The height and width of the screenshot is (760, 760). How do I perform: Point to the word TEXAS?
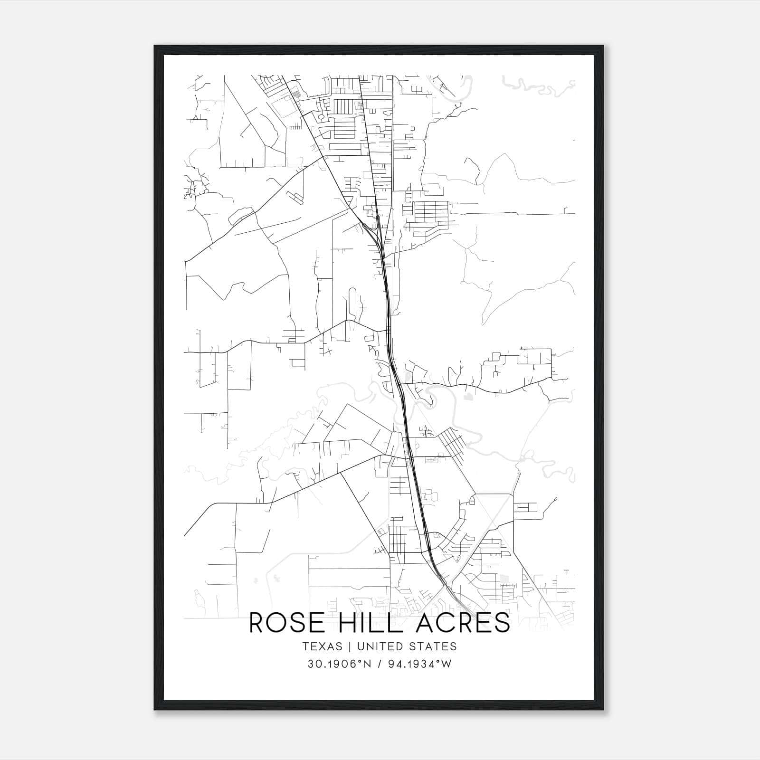pos(322,646)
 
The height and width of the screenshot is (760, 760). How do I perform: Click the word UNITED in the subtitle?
pos(379,646)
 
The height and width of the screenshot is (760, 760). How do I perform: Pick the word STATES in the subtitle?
pos(432,646)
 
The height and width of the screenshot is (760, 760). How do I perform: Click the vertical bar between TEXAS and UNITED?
pos(349,646)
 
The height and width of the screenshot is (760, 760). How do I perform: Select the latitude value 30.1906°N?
pos(338,665)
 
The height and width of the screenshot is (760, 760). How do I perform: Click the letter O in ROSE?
pos(275,623)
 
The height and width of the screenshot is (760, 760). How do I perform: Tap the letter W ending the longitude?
pos(446,665)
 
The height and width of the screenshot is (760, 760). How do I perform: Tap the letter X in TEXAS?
pos(322,646)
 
